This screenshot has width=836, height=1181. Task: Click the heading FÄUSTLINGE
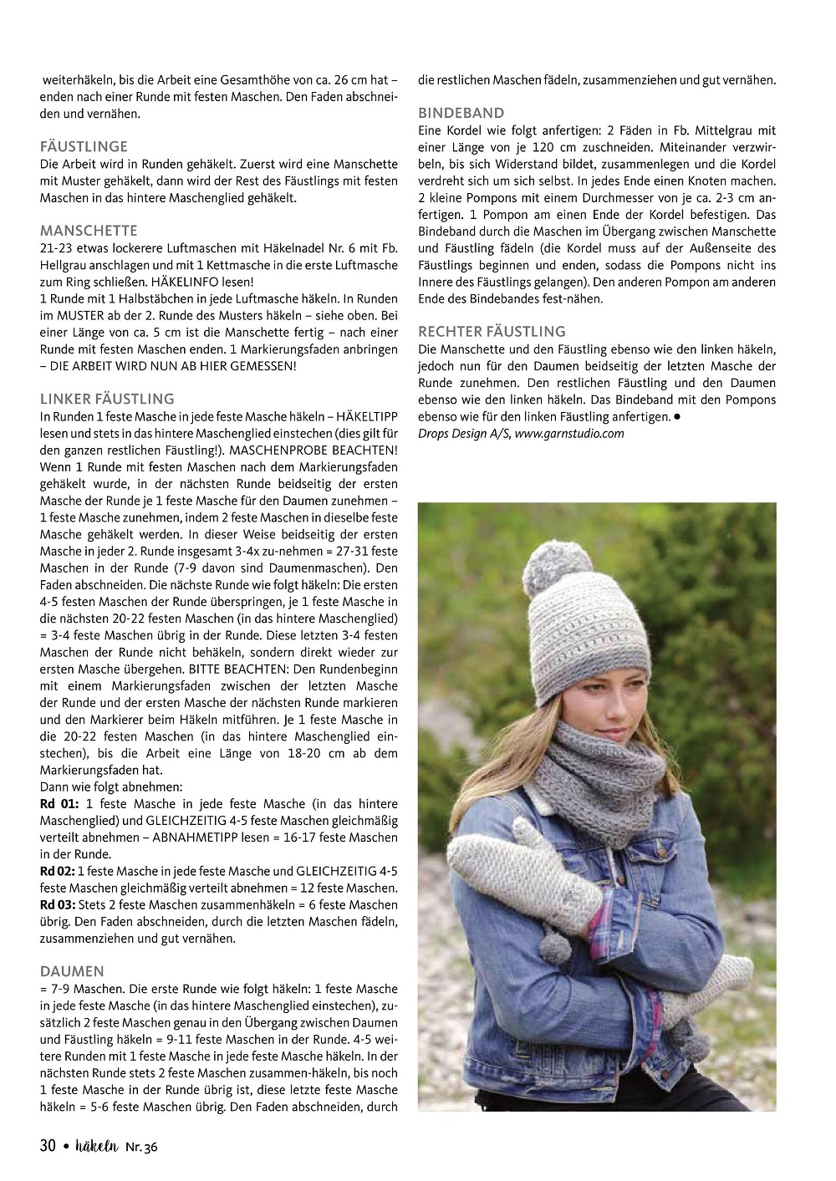[84, 146]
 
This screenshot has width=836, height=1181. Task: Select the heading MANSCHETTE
[89, 231]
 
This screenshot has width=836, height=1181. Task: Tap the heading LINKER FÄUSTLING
[107, 399]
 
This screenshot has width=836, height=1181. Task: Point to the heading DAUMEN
[72, 971]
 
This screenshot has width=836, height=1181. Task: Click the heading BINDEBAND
[461, 113]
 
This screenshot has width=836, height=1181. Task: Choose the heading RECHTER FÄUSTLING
[492, 331]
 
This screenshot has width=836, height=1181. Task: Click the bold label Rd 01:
[59, 803]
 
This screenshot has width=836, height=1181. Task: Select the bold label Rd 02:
[59, 871]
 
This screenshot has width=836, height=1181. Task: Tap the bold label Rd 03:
[59, 904]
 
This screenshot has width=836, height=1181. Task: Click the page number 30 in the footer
[48, 1146]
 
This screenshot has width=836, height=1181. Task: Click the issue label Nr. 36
[140, 1147]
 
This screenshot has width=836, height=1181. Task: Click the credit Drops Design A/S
[462, 433]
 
